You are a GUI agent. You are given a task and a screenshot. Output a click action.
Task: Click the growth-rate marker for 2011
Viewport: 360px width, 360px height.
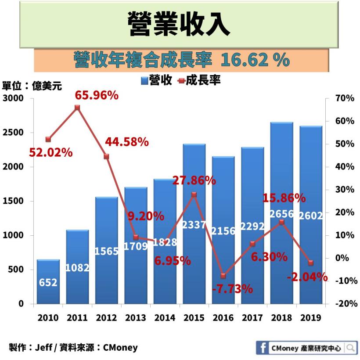(x=77, y=108)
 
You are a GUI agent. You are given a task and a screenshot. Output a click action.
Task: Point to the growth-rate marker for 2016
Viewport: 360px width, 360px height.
(x=223, y=276)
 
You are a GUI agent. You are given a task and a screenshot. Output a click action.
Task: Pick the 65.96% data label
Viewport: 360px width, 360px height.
(x=97, y=95)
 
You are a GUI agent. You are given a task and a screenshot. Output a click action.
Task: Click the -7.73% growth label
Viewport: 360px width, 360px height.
(x=232, y=289)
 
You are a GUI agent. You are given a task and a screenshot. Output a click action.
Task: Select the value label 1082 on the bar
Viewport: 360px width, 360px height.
(x=77, y=267)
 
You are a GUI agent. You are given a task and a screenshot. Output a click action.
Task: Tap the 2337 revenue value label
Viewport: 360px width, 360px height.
(x=194, y=224)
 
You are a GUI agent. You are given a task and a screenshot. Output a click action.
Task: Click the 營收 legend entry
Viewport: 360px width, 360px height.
(x=156, y=81)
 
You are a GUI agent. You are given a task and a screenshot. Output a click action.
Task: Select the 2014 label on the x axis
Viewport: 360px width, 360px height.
(x=165, y=318)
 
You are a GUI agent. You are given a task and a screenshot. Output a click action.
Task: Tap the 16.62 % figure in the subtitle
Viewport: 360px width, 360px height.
(x=255, y=60)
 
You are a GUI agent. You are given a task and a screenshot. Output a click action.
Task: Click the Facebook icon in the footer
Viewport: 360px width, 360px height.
(x=263, y=348)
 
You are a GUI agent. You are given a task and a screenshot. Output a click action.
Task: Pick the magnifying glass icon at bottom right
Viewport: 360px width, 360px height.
(x=350, y=348)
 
